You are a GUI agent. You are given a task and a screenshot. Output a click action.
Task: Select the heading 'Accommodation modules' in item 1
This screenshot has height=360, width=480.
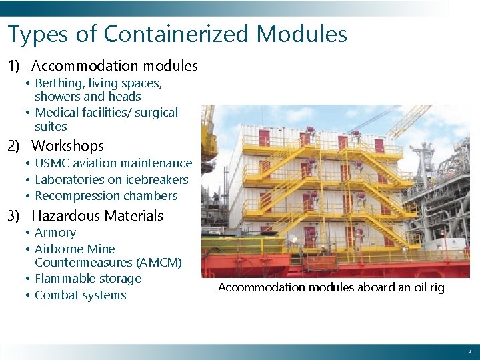[114, 66]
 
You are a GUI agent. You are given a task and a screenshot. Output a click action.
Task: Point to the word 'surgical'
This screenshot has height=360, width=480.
[157, 113]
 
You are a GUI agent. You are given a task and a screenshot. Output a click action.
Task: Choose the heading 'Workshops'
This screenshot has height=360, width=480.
[67, 145]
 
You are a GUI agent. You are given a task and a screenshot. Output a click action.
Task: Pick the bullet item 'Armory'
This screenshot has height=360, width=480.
[55, 233]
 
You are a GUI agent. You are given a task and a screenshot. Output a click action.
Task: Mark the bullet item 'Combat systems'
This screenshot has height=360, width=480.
[80, 295]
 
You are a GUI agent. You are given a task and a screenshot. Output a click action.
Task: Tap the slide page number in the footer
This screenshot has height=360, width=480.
[469, 351]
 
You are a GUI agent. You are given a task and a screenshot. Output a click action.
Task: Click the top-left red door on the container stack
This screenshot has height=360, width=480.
[264, 138]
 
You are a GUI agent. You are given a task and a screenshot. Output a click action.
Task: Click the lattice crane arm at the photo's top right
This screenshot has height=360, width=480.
[408, 120]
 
